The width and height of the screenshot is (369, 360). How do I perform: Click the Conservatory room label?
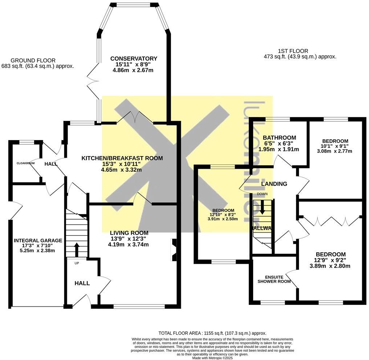coord(134,59)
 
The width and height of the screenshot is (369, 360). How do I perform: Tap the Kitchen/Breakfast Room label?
coord(122,158)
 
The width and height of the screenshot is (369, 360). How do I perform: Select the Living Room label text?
coord(129,233)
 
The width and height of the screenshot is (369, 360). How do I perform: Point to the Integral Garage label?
coord(38,241)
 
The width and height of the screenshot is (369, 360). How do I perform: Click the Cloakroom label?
coord(25,163)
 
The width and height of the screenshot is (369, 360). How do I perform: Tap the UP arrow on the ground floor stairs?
coord(77,250)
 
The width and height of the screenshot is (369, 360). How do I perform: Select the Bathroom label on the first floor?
coord(279,138)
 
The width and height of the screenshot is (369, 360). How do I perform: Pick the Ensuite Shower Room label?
coord(274,278)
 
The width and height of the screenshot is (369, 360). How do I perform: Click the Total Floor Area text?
coord(212,333)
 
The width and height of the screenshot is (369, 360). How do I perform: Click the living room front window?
coord(139,306)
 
